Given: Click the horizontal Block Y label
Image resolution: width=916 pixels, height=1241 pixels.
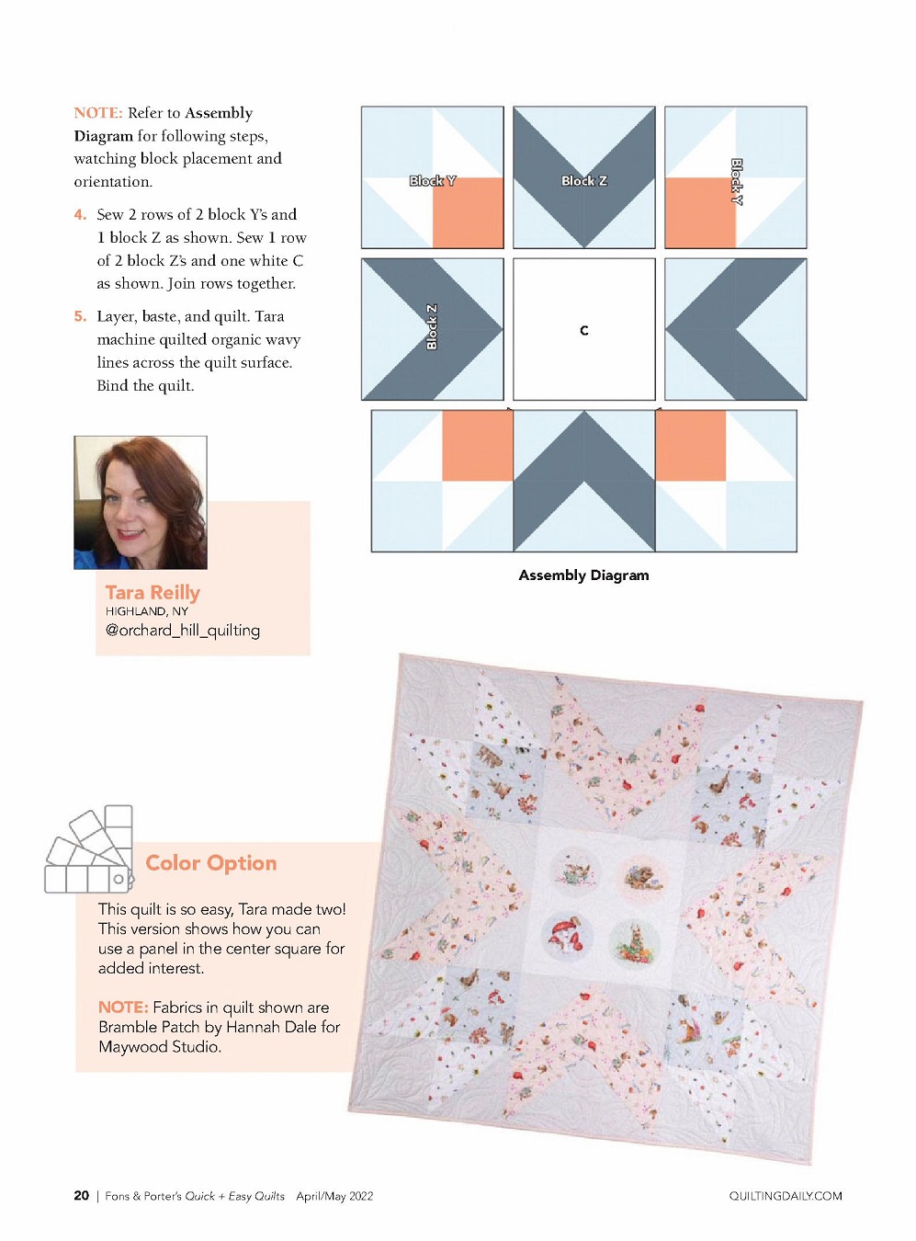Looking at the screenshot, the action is (x=433, y=181).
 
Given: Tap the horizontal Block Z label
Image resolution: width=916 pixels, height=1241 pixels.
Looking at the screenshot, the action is (x=583, y=181).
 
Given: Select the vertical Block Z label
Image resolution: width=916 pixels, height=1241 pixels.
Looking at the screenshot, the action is (x=431, y=326).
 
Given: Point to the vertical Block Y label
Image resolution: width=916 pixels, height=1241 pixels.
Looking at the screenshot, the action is (x=737, y=182).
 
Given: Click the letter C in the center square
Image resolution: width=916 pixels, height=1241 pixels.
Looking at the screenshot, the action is (x=583, y=331).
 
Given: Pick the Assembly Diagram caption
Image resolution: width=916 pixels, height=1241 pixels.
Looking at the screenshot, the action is (x=583, y=575).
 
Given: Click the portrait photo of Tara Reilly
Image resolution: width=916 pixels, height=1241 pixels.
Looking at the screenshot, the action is (x=141, y=503).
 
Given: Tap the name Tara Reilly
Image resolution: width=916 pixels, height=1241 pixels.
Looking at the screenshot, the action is (x=153, y=593).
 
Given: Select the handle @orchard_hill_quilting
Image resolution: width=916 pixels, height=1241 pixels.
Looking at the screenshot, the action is (x=183, y=631).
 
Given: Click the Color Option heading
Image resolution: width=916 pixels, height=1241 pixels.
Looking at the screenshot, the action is (x=210, y=862).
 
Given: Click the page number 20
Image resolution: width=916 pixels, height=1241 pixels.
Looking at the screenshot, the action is (x=81, y=1196).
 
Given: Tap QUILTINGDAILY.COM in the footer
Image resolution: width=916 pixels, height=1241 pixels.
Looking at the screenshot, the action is (x=786, y=1196).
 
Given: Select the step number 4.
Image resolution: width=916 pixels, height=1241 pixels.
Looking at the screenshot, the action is (x=80, y=215).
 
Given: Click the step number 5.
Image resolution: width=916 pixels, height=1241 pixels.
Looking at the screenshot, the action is (x=80, y=316).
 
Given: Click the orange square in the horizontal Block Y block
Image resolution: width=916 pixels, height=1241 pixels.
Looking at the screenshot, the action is (x=468, y=212).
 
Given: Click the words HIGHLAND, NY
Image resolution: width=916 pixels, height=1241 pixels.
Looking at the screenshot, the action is (x=146, y=611).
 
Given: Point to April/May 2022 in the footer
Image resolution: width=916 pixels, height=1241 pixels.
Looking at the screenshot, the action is (x=334, y=1196).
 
